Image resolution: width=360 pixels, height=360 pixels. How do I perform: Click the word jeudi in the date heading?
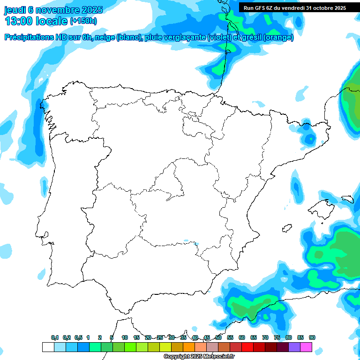(x=15, y=10)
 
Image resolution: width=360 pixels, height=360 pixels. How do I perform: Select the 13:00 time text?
(x=20, y=21)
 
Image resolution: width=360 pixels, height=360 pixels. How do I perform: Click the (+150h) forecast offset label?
(x=83, y=21)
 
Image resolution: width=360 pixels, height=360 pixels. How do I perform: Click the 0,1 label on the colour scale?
(x=55, y=337)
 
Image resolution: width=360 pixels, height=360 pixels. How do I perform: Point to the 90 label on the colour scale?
(x=312, y=337)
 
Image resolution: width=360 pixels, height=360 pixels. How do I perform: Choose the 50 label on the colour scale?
(x=218, y=337)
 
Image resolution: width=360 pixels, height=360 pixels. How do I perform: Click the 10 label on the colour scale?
(x=125, y=337)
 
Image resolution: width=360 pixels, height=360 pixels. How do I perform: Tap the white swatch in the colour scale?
(x=48, y=347)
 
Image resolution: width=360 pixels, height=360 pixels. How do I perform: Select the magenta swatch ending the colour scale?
(x=306, y=347)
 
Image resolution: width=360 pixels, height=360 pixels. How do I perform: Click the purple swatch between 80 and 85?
(x=294, y=347)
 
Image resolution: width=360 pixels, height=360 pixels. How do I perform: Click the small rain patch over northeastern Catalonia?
(x=309, y=139)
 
